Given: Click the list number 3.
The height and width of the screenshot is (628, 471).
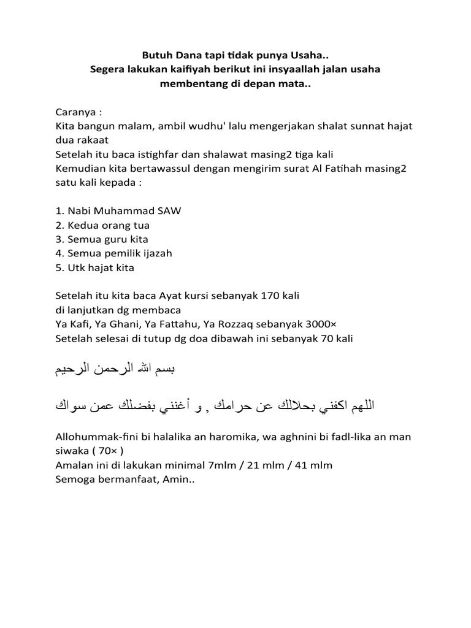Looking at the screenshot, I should pos(58,239).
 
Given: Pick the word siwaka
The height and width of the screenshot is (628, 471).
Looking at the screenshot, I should pos(71,451).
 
